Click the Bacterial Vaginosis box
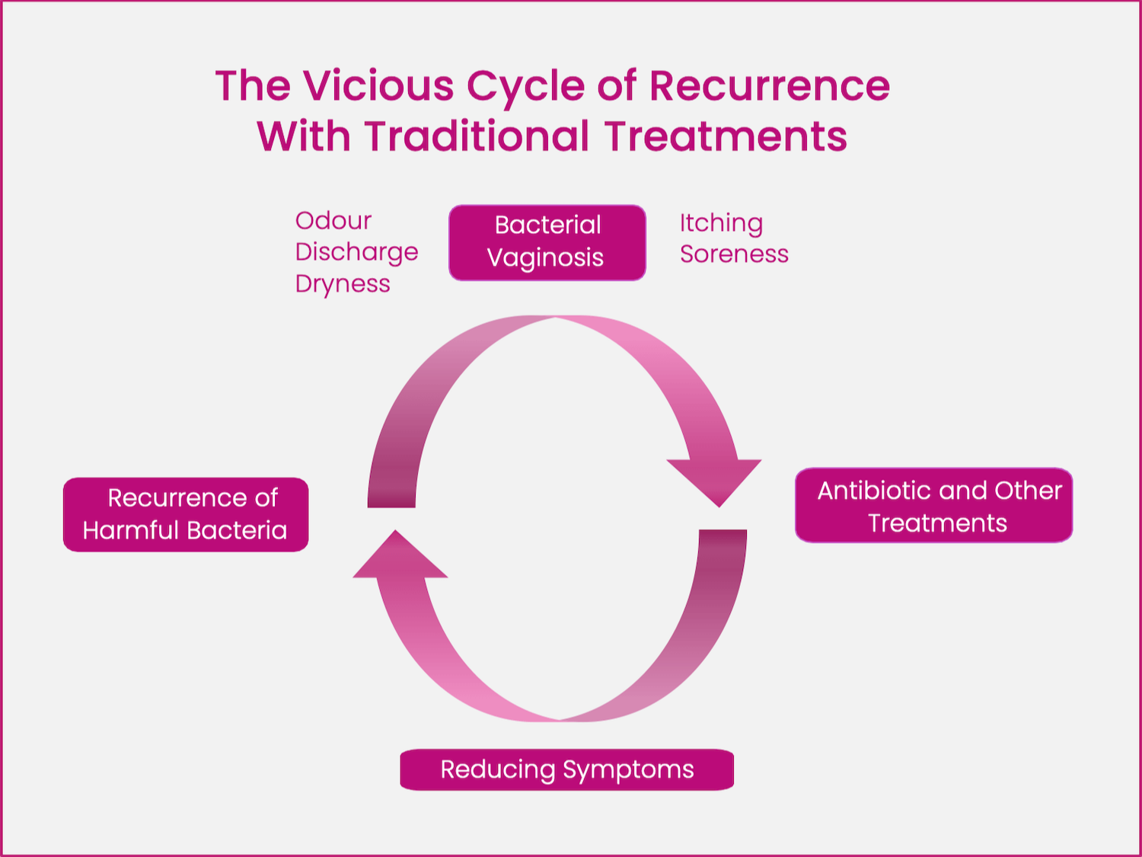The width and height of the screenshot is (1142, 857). point(547,242)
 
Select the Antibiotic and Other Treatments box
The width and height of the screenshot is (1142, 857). point(933,505)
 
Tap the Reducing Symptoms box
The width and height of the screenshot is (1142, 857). point(566,769)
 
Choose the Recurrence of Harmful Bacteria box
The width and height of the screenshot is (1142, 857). point(186,514)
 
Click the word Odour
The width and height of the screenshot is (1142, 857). point(333,221)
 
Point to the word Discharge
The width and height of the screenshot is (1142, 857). point(356,252)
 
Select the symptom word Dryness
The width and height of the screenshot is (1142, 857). point(343,284)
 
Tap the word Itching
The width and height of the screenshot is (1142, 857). point(721,223)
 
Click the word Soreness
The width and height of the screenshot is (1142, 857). point(734,254)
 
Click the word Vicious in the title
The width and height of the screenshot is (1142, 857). point(379,85)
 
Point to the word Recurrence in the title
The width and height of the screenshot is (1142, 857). point(769,85)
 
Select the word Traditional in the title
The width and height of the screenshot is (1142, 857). point(477,136)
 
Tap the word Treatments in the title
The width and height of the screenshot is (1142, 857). point(726,136)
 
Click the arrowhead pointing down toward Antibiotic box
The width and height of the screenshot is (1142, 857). point(716,480)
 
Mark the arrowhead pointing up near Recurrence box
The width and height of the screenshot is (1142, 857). point(399,557)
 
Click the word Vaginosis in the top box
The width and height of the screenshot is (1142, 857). point(545,258)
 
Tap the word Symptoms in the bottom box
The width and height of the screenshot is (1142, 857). point(628,770)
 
